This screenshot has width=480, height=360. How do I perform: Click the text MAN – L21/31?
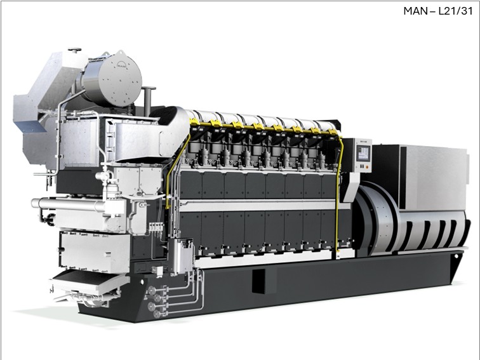(437, 11)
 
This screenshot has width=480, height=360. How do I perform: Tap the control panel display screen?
(363, 153)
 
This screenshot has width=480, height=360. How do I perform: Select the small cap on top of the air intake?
(74, 50)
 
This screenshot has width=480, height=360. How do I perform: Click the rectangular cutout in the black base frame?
(258, 281)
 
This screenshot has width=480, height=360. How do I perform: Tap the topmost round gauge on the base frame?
(151, 290)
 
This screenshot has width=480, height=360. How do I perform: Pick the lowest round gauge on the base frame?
(156, 314)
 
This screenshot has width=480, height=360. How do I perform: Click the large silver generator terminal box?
(434, 178)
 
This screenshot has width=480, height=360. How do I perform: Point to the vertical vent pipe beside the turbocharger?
(149, 101)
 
